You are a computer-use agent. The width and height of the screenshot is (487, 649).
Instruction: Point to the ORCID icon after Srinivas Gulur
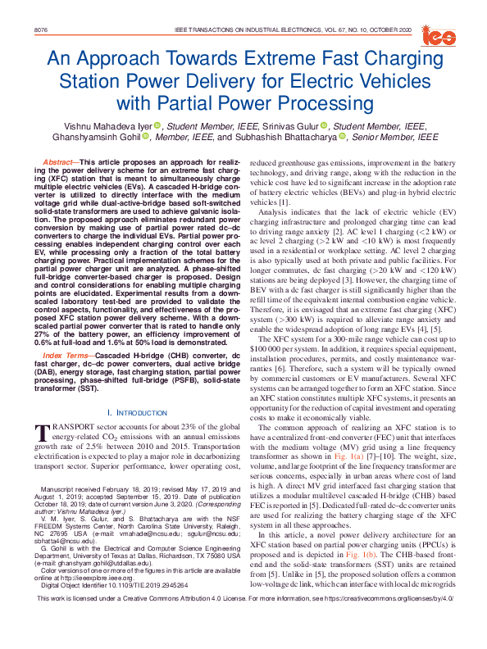click(x=325, y=125)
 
